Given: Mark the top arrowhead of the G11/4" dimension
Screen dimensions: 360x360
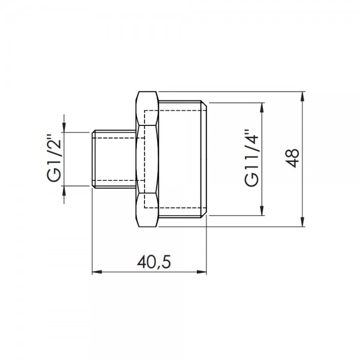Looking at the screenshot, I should [262, 107].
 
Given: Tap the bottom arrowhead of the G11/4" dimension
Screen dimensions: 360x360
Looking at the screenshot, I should [262, 211].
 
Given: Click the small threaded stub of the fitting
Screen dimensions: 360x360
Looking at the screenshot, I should [114, 159].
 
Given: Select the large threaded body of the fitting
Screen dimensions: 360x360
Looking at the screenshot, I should [183, 159].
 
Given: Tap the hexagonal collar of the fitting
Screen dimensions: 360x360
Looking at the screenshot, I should [148, 159].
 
